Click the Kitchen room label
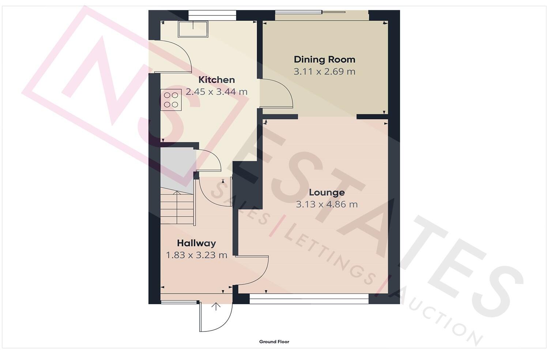tap(216, 80)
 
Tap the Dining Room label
tap(324, 59)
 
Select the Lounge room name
tap(327, 192)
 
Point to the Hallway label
tap(196, 243)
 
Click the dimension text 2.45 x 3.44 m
tap(216, 92)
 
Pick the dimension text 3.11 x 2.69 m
tap(324, 71)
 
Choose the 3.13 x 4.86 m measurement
tap(327, 204)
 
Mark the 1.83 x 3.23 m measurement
tap(196, 255)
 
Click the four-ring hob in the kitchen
tap(171, 100)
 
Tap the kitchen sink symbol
tap(193, 29)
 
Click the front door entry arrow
tap(216, 307)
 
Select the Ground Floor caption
tap(274, 342)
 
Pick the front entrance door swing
tap(216, 318)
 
